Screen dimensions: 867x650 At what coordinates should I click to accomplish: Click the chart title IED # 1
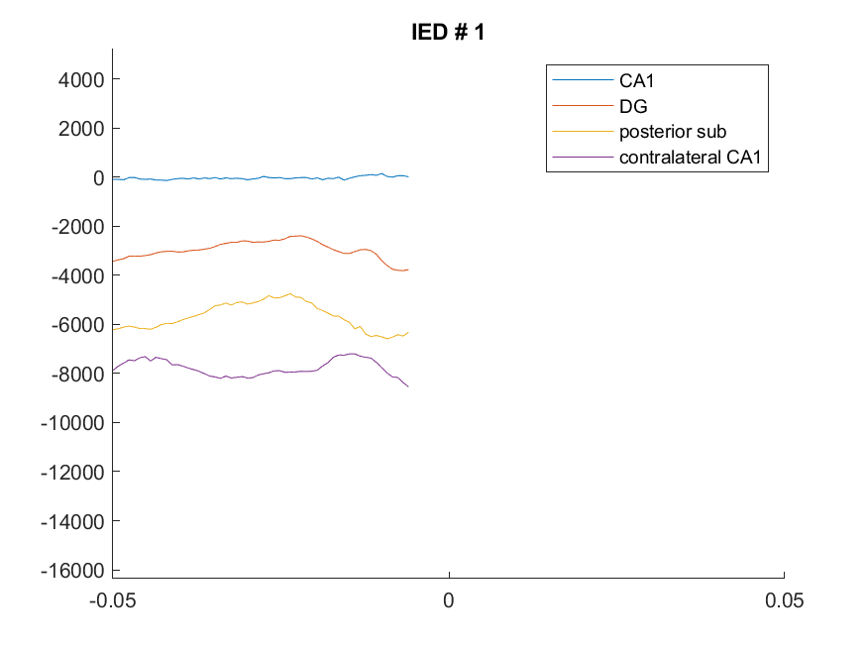(x=448, y=32)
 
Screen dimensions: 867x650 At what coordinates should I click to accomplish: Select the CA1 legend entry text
(x=636, y=80)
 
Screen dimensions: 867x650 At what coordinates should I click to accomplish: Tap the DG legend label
(x=633, y=106)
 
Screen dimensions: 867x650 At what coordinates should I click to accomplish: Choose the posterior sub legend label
(x=673, y=132)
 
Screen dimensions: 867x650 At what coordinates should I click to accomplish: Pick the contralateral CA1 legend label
(x=690, y=157)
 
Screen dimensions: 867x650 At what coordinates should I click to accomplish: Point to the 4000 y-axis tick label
(x=81, y=80)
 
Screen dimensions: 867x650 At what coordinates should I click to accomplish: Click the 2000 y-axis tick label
(x=81, y=129)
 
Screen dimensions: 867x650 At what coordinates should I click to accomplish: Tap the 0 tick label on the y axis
(x=99, y=178)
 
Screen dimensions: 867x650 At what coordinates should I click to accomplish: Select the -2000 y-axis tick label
(x=78, y=227)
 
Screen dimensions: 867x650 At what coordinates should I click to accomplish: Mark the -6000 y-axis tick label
(x=78, y=325)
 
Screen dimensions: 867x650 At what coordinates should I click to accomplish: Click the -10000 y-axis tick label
(x=72, y=423)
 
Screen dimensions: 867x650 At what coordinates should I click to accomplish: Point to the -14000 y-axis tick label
(x=72, y=521)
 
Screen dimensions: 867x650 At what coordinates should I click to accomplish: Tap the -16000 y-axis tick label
(x=72, y=571)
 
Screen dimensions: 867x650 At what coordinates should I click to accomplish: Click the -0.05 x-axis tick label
(x=112, y=600)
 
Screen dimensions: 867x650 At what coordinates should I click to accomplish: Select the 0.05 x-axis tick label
(x=784, y=600)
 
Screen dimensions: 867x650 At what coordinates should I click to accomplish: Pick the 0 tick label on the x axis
(x=449, y=600)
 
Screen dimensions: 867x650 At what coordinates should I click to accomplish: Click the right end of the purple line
(x=408, y=386)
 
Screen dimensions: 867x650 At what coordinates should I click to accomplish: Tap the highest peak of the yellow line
(x=289, y=293)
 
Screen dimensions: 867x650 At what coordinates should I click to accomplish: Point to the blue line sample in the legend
(x=583, y=80)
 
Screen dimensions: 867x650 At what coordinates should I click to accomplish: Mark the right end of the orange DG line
(x=408, y=270)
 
